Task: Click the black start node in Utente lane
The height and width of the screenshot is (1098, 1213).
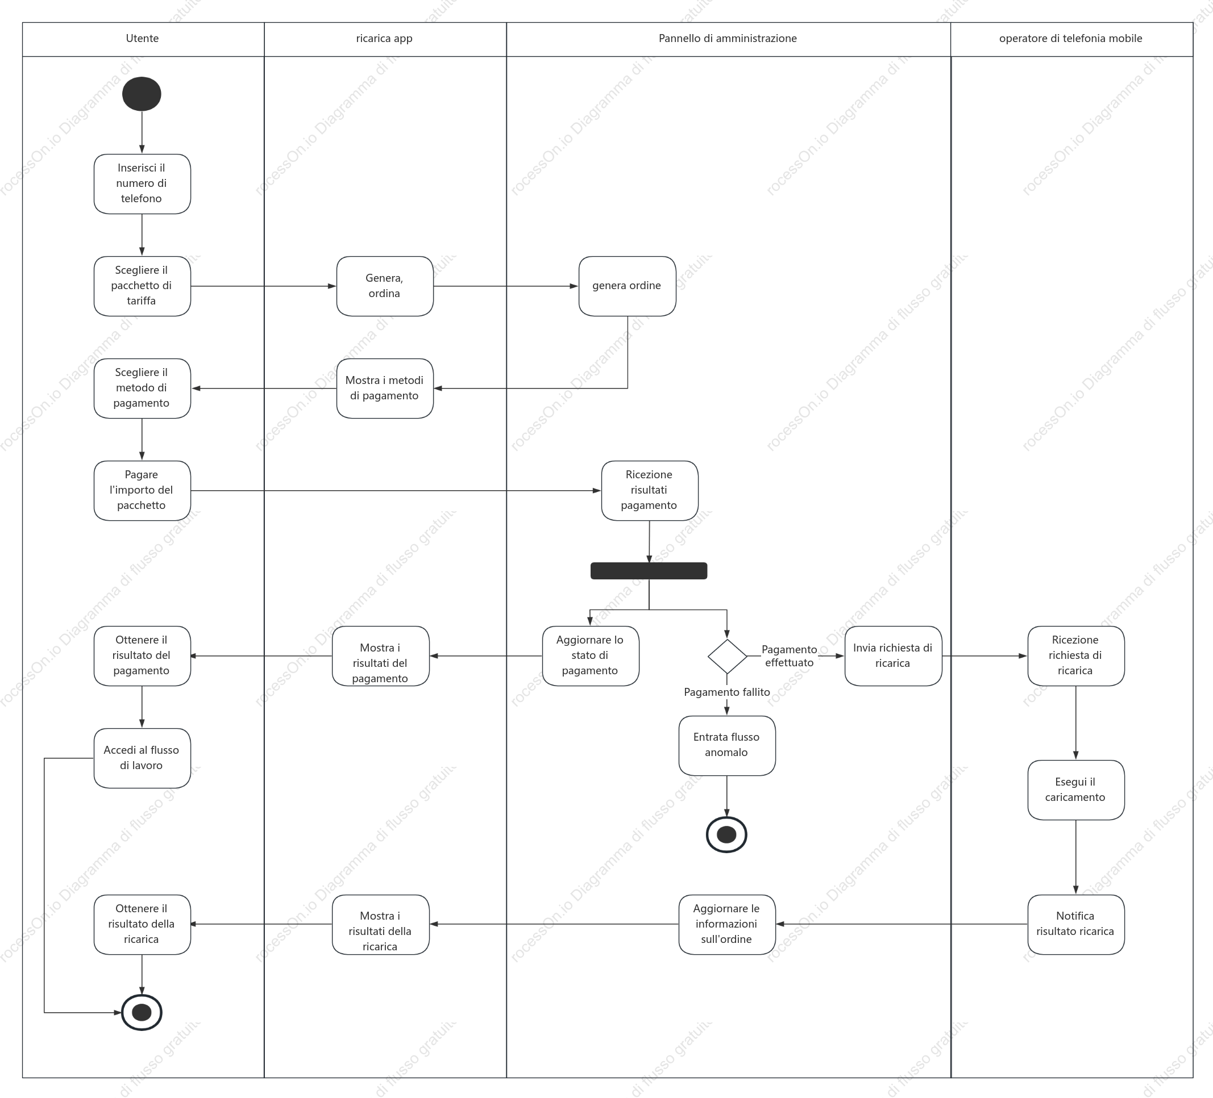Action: tap(142, 94)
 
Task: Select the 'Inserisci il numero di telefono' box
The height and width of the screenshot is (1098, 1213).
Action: tap(142, 183)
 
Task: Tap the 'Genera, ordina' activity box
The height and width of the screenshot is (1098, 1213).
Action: tap(384, 286)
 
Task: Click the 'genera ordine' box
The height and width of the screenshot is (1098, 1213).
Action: tap(627, 286)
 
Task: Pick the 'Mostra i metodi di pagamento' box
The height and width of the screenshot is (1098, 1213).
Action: tap(384, 388)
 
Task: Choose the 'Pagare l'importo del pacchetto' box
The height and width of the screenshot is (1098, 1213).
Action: tap(142, 490)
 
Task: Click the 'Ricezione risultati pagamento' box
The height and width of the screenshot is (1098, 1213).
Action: tap(649, 490)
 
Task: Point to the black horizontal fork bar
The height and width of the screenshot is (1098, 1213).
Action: tap(649, 571)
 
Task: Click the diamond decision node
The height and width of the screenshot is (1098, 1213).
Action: tap(727, 656)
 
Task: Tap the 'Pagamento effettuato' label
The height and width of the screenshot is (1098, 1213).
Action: tap(789, 656)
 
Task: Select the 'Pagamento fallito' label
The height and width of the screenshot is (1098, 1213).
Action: tap(727, 692)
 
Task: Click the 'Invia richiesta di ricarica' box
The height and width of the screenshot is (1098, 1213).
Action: tap(893, 656)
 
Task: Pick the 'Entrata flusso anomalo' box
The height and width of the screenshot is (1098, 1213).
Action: tap(727, 745)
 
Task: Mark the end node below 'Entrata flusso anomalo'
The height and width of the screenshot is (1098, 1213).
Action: tap(727, 834)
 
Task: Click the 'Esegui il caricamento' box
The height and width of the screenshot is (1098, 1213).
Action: tap(1076, 790)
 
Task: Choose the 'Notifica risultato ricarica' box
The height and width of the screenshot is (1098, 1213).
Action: tap(1076, 924)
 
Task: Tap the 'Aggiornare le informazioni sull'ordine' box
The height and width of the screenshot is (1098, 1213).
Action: tap(727, 924)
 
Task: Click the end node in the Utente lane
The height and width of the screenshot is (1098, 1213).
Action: tap(142, 1013)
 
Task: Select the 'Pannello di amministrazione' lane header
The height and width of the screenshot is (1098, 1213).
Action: tap(728, 39)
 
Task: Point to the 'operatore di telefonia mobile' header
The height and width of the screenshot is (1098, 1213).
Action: tap(1071, 39)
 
